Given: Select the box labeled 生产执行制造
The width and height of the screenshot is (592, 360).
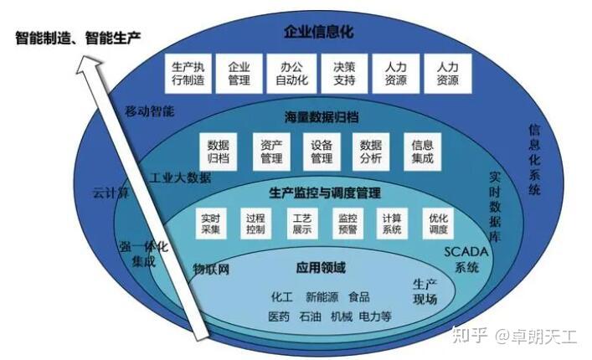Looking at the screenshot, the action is [187, 74].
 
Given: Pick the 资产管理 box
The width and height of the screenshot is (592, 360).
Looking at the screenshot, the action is [270, 150].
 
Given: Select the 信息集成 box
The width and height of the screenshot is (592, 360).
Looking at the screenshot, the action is [423, 150].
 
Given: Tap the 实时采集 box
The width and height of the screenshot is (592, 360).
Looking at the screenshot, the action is [209, 223].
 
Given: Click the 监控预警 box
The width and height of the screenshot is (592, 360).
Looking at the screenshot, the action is [347, 223].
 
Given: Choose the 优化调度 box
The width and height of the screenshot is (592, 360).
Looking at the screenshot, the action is [438, 223].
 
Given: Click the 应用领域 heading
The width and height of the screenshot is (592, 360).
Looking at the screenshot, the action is [321, 268].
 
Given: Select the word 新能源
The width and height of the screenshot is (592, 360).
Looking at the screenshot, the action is [322, 296].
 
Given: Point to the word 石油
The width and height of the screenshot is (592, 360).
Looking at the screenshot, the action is [310, 316].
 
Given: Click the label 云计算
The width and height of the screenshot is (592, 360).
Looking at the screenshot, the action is [111, 193].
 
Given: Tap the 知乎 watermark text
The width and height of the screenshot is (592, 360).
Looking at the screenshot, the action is [466, 337].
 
